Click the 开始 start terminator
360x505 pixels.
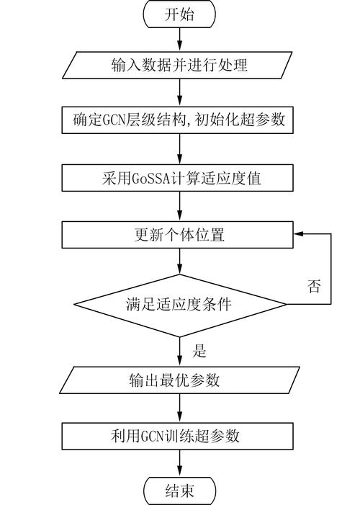(x=179, y=14)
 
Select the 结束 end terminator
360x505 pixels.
(x=179, y=491)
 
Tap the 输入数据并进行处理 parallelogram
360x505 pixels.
(x=179, y=66)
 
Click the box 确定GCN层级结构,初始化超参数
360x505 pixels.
(x=179, y=120)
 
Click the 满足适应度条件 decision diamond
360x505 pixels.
(x=179, y=303)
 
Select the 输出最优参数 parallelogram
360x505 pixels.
(x=179, y=380)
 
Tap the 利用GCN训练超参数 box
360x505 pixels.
(x=179, y=435)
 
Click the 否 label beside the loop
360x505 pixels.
(x=314, y=286)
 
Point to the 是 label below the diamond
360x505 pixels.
(x=199, y=352)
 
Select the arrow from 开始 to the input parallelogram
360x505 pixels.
(x=179, y=40)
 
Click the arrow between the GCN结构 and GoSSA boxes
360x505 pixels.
(x=179, y=149)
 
